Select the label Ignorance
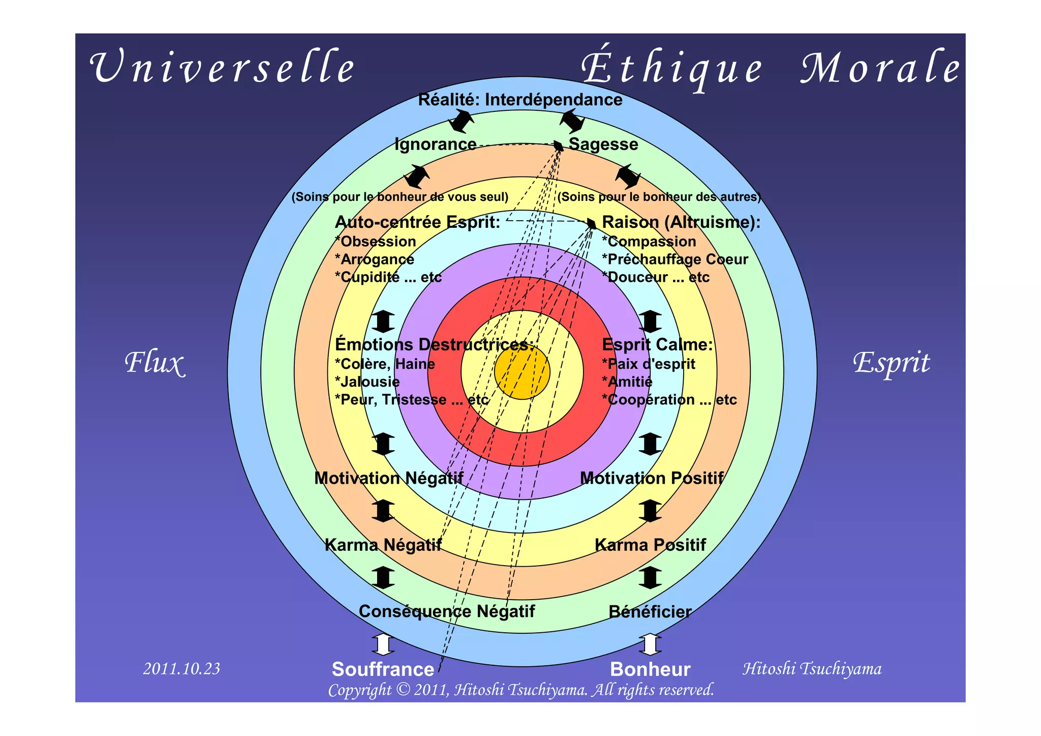point(436,144)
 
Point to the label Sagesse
point(603,144)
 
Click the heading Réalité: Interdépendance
point(520,100)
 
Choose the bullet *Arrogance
point(375,259)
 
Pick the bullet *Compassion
point(649,242)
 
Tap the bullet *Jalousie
point(368,382)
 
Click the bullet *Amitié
point(627,382)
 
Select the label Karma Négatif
point(383,545)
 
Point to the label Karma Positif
point(650,545)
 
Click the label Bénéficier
point(650,611)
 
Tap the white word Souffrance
point(383,669)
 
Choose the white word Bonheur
point(650,669)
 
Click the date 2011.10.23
point(181,668)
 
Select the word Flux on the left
point(154,363)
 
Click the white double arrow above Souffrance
point(383,644)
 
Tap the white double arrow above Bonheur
point(650,644)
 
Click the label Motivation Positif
point(652,478)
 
